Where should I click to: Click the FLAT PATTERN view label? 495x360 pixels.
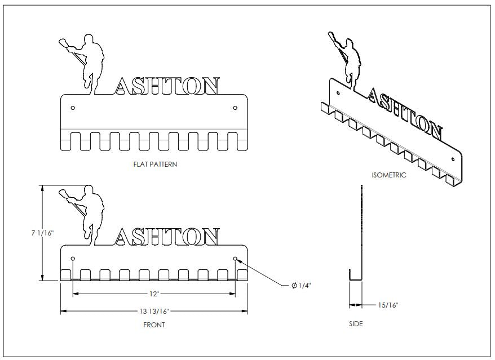click(153, 165)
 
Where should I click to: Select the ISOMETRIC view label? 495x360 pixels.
click(389, 175)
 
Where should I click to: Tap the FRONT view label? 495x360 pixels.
click(153, 325)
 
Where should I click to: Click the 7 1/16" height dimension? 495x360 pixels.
click(42, 233)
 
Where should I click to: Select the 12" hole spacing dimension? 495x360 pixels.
click(154, 294)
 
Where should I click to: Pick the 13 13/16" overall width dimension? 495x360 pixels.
click(154, 311)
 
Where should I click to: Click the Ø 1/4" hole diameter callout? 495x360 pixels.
click(301, 286)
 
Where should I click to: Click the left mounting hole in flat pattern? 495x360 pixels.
click(73, 107)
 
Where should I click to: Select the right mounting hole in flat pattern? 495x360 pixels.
click(235, 107)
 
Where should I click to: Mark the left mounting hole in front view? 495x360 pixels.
click(73, 259)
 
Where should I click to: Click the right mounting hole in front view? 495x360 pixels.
click(235, 259)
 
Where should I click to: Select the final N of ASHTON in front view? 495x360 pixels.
click(209, 237)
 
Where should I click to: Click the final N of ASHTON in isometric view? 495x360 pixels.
click(433, 130)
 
